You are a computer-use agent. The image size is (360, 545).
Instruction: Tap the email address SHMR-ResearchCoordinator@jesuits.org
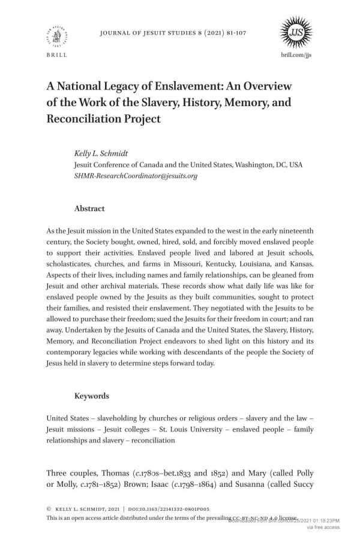click(x=136, y=176)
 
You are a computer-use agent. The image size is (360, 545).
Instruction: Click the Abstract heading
click(x=89, y=209)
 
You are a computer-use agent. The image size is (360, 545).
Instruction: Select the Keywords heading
click(x=91, y=396)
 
